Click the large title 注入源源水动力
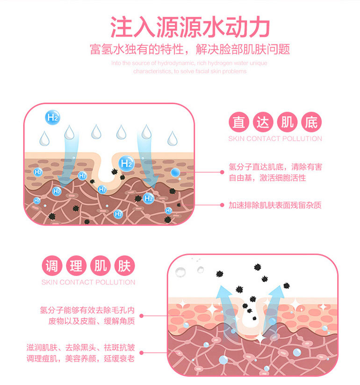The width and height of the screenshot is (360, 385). pos(190,27)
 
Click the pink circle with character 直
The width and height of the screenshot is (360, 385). pos(239,122)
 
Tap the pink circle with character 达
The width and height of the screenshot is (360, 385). pos(263,122)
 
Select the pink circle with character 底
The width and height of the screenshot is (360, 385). pos(311,122)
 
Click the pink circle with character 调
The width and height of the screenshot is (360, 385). pos(52,266)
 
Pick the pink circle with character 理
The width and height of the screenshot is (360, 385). pos(76,266)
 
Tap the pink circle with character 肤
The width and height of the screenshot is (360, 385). pos(124,266)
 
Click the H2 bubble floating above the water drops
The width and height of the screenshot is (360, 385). pos(52,117)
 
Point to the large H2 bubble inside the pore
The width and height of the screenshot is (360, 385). pos(126,163)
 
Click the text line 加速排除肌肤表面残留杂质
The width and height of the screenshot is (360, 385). pos(275,205)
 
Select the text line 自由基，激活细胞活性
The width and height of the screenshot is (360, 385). pos(267,177)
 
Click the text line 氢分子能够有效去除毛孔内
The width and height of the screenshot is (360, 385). pos(87,310)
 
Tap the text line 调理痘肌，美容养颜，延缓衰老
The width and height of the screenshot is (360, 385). pos(80,358)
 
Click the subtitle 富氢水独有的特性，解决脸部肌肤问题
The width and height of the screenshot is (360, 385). pos(190,49)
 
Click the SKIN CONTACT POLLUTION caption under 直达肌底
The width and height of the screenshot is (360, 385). pos(275,139)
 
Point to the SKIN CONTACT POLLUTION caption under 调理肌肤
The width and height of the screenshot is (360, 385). pos(88,282)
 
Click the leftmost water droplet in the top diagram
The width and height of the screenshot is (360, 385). pos(44,138)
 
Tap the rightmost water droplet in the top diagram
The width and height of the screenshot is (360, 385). pos(172,138)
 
